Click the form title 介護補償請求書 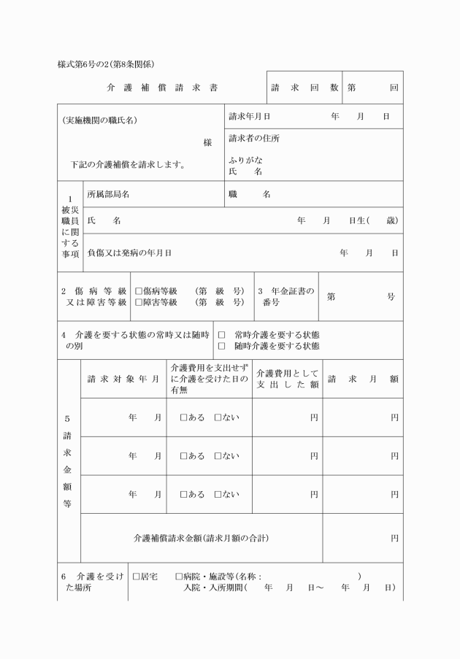161,88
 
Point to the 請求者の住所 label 253,139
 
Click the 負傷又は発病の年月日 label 129,253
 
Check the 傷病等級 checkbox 138,291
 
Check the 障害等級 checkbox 138,302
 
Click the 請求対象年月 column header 123,379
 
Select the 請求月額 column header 362,379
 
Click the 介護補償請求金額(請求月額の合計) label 201,539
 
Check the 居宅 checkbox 136,577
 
